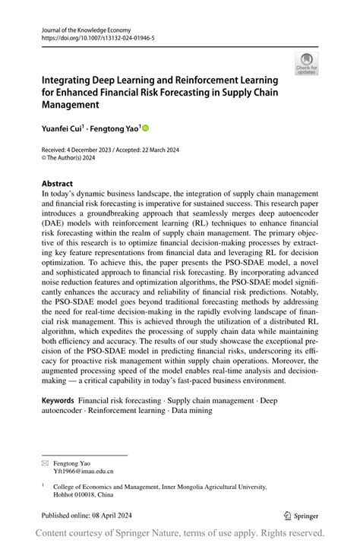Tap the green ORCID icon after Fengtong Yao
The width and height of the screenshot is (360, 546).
pos(146,129)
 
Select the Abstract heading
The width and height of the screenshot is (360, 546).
pos(58,184)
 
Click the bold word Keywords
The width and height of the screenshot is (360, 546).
pos(58,399)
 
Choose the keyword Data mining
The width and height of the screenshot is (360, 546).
pos(190,410)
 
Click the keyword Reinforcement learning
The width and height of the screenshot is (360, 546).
pos(127,410)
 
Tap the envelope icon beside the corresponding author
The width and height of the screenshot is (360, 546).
pos(46,462)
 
